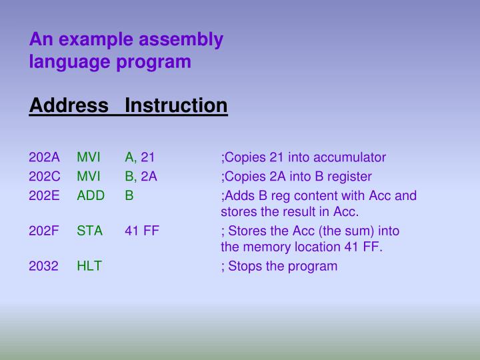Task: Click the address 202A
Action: click(44, 158)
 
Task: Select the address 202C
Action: click(44, 177)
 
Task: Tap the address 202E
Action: click(44, 196)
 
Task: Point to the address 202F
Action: click(44, 231)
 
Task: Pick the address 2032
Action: click(44, 266)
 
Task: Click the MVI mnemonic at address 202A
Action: click(89, 158)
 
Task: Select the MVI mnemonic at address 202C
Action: click(89, 177)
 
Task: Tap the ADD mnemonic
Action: click(91, 196)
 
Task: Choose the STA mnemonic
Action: click(89, 231)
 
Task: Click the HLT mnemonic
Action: click(89, 266)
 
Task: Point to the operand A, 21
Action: click(139, 158)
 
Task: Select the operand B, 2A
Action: click(141, 177)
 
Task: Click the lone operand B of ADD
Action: click(129, 196)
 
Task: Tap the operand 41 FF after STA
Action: click(142, 231)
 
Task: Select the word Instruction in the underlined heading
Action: click(176, 105)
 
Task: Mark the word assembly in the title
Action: click(181, 40)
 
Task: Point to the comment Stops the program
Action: click(282, 266)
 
